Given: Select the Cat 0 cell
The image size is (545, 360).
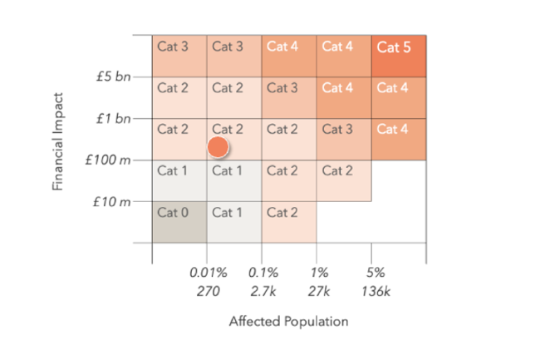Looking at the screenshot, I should (179, 221).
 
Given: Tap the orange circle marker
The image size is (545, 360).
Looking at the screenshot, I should (218, 147).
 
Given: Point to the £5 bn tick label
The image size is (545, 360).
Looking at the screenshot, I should (113, 77).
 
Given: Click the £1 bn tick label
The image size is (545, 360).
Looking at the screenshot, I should (113, 118).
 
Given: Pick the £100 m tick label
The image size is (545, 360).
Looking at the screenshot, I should (108, 159).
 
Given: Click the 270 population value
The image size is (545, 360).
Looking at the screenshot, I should (206, 293).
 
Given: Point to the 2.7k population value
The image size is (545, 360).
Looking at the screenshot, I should (262, 293).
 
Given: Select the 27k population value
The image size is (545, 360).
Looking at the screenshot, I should (317, 293).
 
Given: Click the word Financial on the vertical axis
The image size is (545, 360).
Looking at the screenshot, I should (59, 160).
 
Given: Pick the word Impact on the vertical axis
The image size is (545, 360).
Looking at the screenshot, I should (59, 110).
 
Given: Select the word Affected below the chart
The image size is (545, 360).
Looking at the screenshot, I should (254, 322).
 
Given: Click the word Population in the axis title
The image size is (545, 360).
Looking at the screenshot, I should (317, 322).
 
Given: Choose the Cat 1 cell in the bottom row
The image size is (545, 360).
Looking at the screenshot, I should (233, 221).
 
